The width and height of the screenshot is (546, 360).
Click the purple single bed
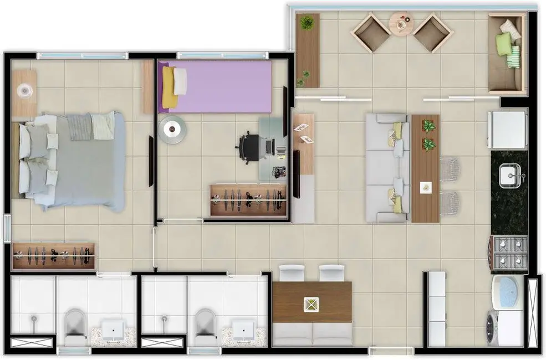pos(222,86)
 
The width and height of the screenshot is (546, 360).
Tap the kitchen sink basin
pos(508,176)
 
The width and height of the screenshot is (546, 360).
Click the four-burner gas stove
pos(509,252)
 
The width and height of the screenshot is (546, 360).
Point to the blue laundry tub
pos(506,292)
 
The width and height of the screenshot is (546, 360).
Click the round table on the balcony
pos(401,24)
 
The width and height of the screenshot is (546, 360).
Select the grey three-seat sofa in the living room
pos(387,168)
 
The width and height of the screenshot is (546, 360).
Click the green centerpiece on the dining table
pos(311,303)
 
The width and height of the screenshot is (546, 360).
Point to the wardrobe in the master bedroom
pos(53,255)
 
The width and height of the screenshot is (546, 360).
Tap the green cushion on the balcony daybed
pos(503,44)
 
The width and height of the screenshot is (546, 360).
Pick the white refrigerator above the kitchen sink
pos(507,130)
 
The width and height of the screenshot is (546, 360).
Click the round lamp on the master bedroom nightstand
pos(24,90)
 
